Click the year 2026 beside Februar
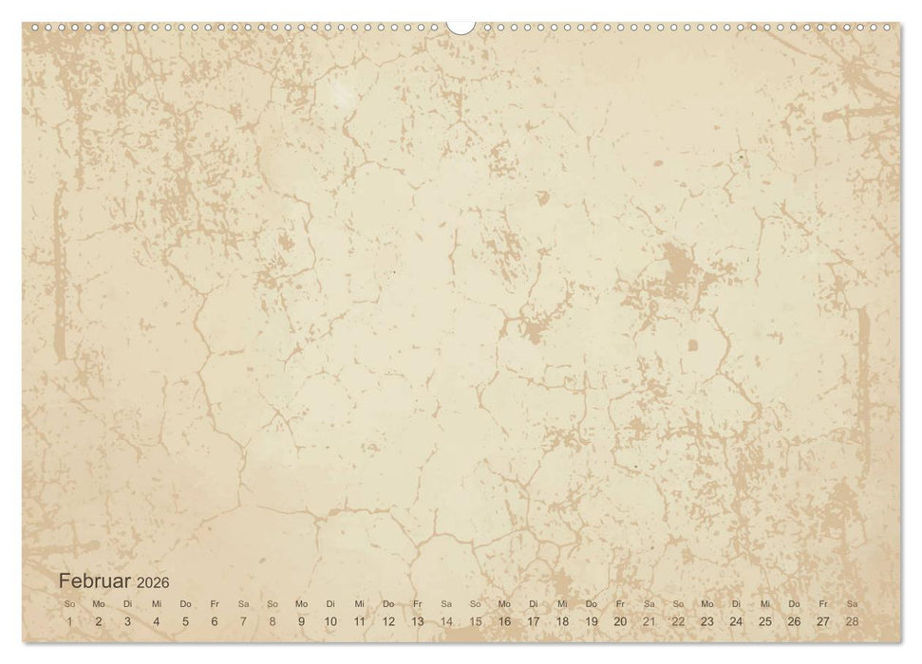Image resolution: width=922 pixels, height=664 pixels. click(x=153, y=582)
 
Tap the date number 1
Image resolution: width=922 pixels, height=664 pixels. click(x=69, y=621)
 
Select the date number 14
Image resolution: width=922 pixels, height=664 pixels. click(x=446, y=621)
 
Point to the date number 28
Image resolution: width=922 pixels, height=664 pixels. click(x=852, y=621)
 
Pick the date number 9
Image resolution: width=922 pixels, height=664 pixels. click(x=301, y=621)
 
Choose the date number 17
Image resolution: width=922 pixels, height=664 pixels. click(x=533, y=621)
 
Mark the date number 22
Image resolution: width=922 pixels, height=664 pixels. click(x=678, y=621)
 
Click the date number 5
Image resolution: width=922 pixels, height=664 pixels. click(x=185, y=621)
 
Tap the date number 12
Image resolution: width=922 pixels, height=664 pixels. click(x=388, y=621)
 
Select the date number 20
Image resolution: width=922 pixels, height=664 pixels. click(x=620, y=621)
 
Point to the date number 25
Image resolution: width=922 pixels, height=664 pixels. click(x=764, y=621)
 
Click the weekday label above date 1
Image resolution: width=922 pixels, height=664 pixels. click(x=69, y=603)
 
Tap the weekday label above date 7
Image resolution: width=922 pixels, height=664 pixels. click(x=243, y=603)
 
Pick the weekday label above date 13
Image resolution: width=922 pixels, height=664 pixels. click(x=417, y=603)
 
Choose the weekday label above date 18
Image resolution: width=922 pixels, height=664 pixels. click(x=562, y=603)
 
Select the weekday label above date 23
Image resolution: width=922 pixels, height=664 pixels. click(x=706, y=603)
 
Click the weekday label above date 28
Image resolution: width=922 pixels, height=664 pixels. click(x=852, y=603)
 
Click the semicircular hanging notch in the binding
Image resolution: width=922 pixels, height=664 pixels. click(x=461, y=27)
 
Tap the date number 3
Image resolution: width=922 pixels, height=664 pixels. click(x=127, y=621)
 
